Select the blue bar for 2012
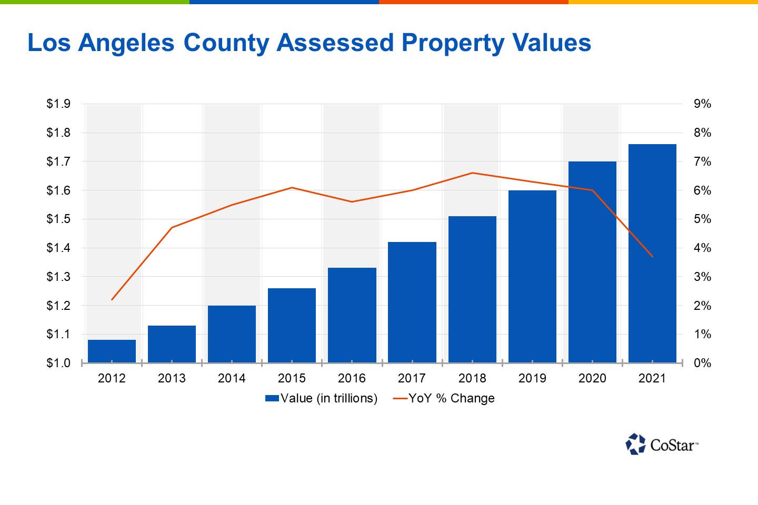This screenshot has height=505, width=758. pyautogui.click(x=112, y=351)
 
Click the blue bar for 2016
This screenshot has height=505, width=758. pyautogui.click(x=352, y=315)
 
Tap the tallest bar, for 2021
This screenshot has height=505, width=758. pyautogui.click(x=652, y=253)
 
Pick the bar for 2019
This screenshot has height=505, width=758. pyautogui.click(x=532, y=276)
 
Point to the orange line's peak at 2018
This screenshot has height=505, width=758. pyautogui.click(x=472, y=173)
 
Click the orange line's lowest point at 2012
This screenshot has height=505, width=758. pyautogui.click(x=112, y=299)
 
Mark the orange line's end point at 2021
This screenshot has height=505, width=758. pyautogui.click(x=652, y=256)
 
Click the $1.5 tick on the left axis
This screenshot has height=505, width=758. pyautogui.click(x=58, y=219)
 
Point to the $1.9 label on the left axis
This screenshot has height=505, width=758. pyautogui.click(x=58, y=104)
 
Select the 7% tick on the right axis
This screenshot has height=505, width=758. pyautogui.click(x=702, y=161)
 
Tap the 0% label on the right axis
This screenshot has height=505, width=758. pyautogui.click(x=702, y=363)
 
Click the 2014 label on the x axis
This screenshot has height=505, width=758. pyautogui.click(x=232, y=378)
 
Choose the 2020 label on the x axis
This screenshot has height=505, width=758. pyautogui.click(x=592, y=378)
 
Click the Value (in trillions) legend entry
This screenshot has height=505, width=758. pyautogui.click(x=322, y=398)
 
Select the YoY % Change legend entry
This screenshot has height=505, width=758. pyautogui.click(x=445, y=398)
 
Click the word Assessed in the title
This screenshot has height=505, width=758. pyautogui.click(x=335, y=43)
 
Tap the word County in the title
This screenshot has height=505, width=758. pyautogui.click(x=226, y=43)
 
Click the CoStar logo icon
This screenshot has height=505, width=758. pyautogui.click(x=635, y=445)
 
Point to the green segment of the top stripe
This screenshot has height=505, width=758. pyautogui.click(x=95, y=2)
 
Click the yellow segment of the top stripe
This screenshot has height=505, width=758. pyautogui.click(x=663, y=2)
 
